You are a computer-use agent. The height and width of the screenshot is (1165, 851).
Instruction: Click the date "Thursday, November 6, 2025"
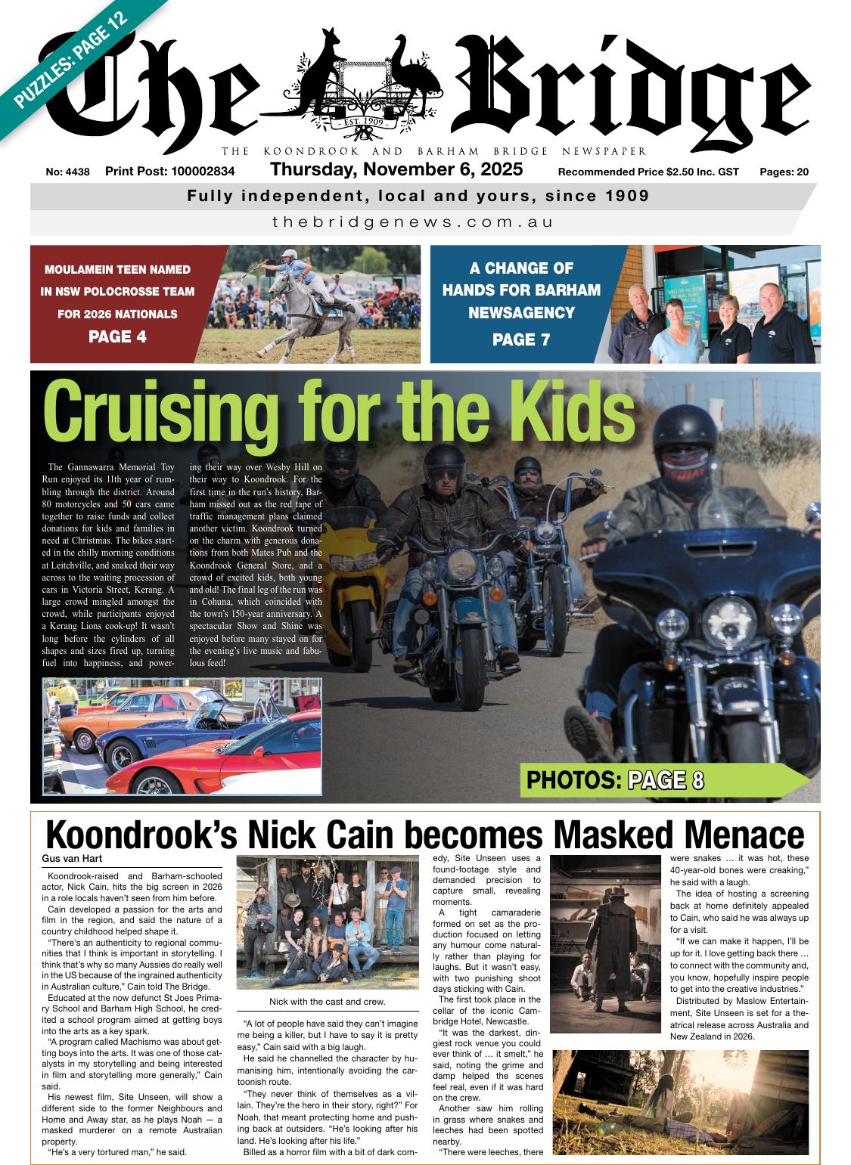click(396, 169)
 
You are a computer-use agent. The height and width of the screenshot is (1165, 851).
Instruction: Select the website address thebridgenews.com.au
click(412, 222)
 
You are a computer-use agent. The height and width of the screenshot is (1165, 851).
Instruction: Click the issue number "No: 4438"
click(67, 172)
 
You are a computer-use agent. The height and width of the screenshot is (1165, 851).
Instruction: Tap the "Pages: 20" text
click(784, 172)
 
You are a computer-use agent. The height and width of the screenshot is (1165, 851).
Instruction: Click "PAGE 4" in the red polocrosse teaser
click(117, 336)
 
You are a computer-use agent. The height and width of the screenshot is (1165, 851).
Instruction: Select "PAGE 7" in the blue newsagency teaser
click(520, 339)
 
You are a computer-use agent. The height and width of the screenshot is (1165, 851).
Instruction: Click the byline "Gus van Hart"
click(73, 859)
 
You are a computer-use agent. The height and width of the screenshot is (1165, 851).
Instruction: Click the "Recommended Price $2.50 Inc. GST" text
click(648, 172)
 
